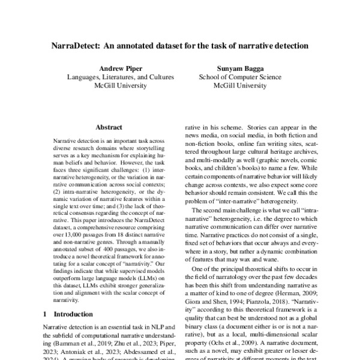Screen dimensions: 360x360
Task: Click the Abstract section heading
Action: point(109,128)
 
